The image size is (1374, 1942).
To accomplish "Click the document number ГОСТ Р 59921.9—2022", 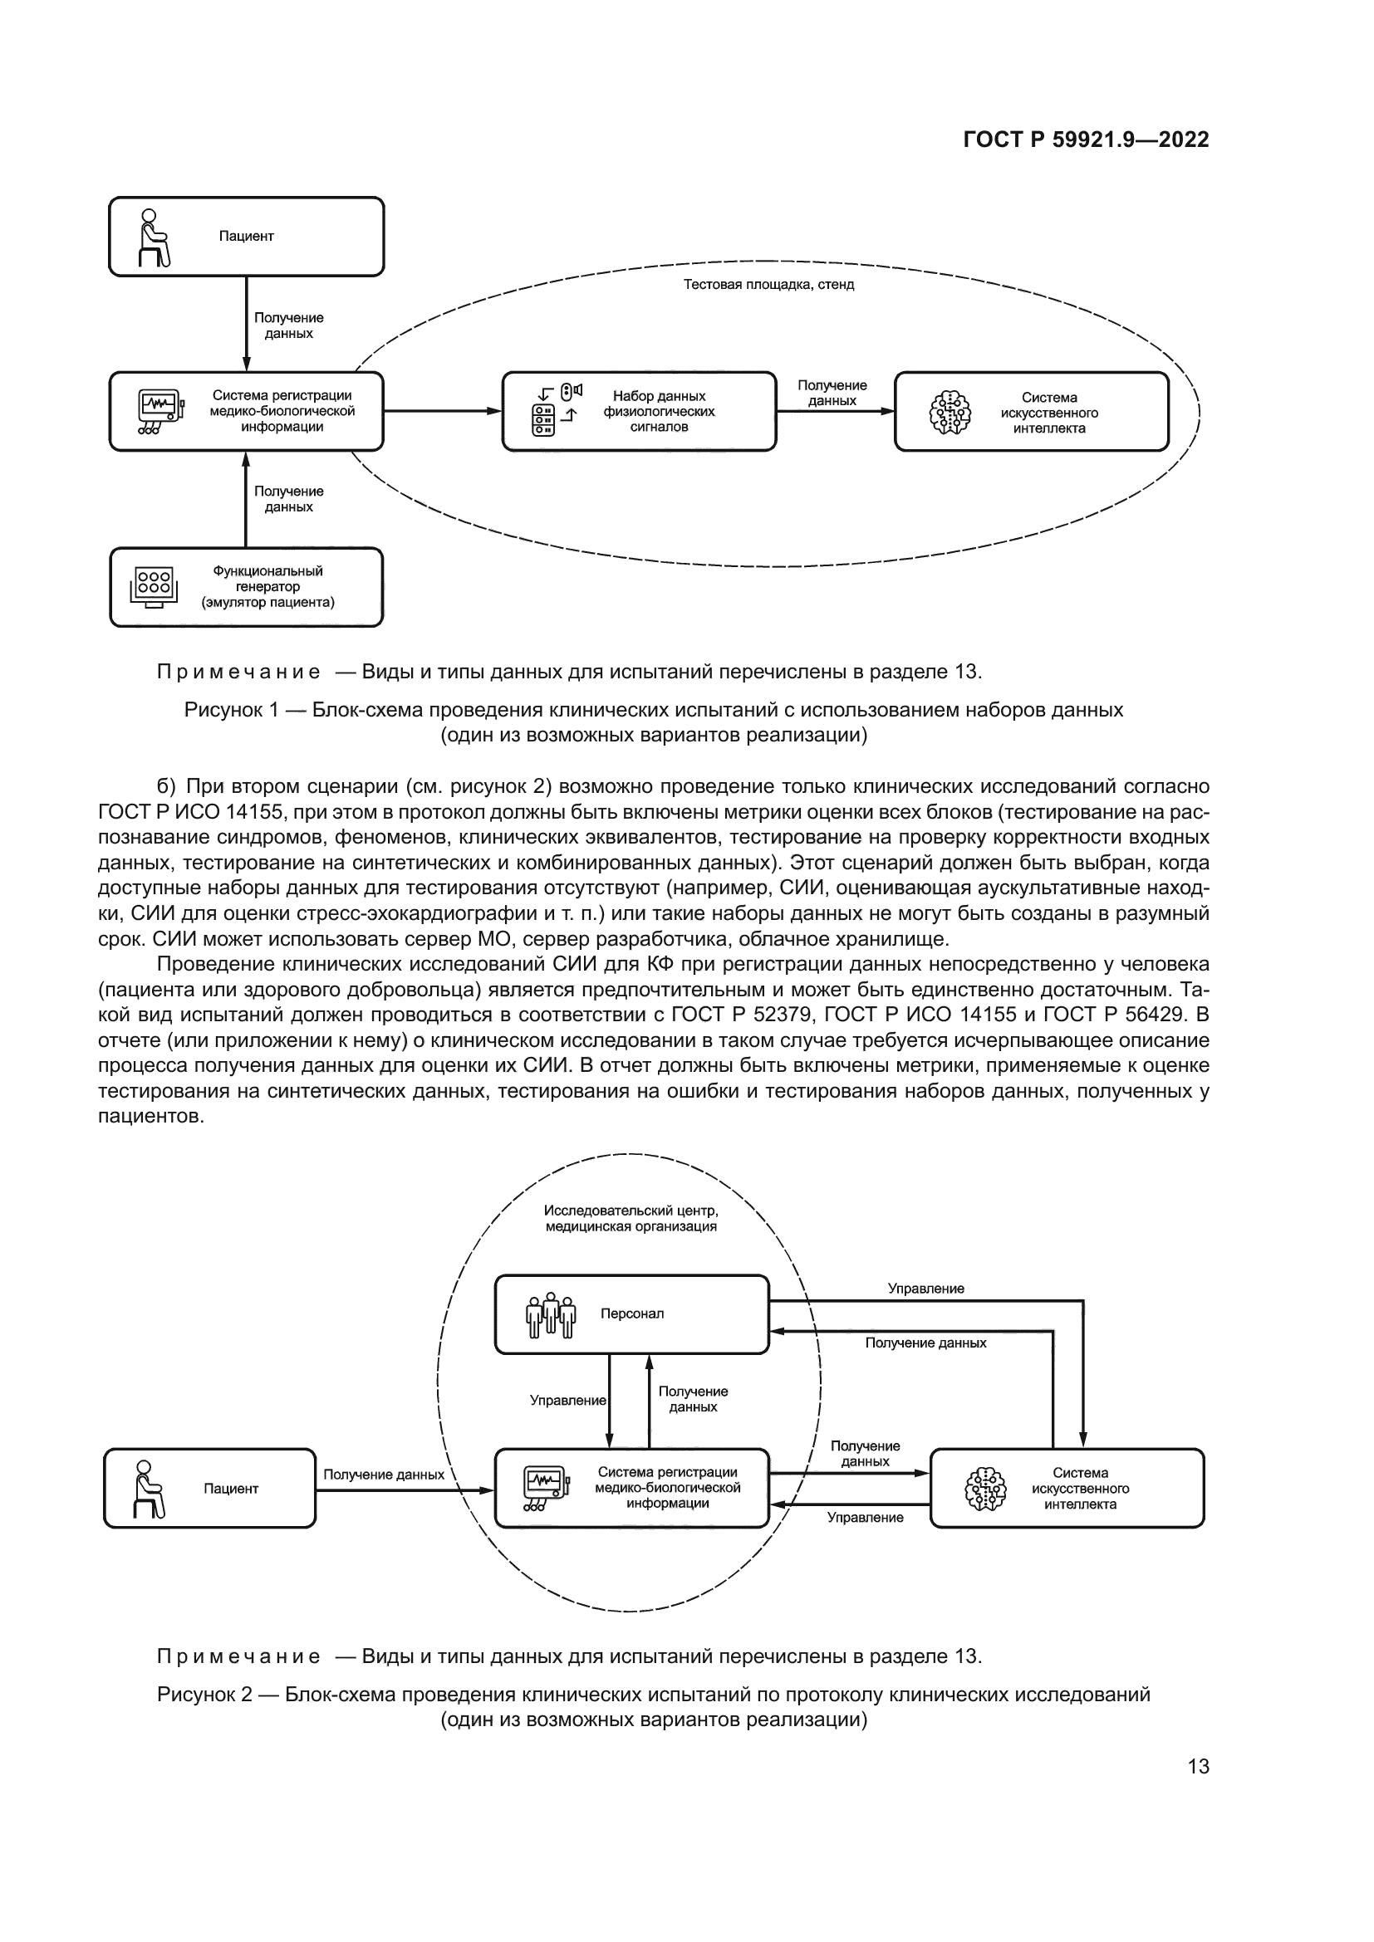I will point(1086,139).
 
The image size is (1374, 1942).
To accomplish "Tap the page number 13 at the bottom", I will point(1198,1766).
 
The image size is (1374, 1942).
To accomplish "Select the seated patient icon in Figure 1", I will point(153,237).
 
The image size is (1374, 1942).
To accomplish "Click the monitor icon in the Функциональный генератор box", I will point(154,586).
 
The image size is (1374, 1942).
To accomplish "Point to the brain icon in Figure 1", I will point(950,412).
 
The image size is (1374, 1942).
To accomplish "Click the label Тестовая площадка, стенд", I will point(768,285).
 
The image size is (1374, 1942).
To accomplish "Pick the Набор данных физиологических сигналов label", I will point(658,411).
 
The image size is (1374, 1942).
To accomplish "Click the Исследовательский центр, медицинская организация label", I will point(631,1218).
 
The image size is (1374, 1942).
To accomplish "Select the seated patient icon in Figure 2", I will point(148,1489).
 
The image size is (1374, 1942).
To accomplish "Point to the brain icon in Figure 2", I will point(986,1490).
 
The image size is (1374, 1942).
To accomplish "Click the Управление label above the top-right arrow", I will point(925,1289).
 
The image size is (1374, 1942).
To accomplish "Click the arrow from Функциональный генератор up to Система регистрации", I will point(246,499).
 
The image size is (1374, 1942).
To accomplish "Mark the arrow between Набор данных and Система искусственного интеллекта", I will point(834,411).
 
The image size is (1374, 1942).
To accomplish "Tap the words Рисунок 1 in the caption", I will point(231,710).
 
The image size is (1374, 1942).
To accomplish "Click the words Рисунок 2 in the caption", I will point(204,1695).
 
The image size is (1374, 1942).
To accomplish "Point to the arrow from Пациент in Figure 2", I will point(405,1490).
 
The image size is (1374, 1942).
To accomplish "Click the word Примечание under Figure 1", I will point(238,673).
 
